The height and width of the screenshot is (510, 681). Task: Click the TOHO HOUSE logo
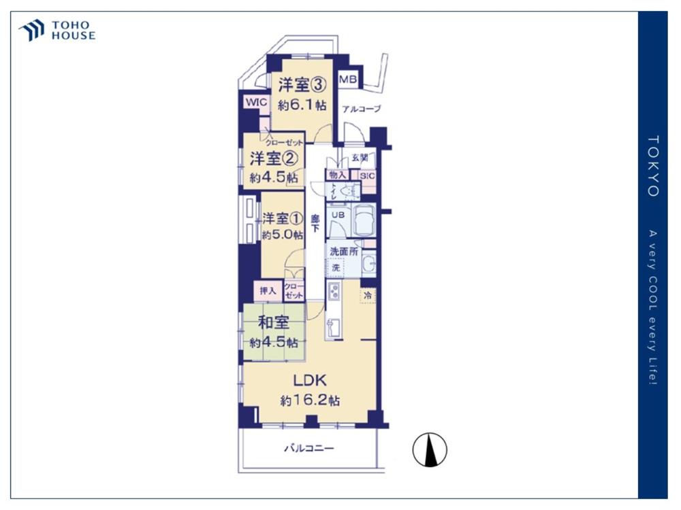[x=57, y=31]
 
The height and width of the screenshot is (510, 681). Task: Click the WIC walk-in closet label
[x=256, y=102]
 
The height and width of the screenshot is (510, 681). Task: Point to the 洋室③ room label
[x=300, y=84]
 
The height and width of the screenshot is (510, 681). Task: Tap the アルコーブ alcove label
[x=361, y=109]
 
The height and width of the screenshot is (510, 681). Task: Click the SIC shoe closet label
[x=367, y=175]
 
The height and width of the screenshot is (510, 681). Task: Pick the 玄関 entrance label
[x=360, y=158]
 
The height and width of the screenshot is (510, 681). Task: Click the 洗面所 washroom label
[x=343, y=251]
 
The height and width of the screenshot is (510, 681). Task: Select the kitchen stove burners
[x=334, y=294]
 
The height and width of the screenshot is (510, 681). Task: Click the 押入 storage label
[x=268, y=291]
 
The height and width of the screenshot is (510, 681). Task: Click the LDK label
[x=310, y=379]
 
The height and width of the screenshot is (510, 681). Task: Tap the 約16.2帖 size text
[x=310, y=401]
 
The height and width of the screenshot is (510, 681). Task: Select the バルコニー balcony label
[x=308, y=449]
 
